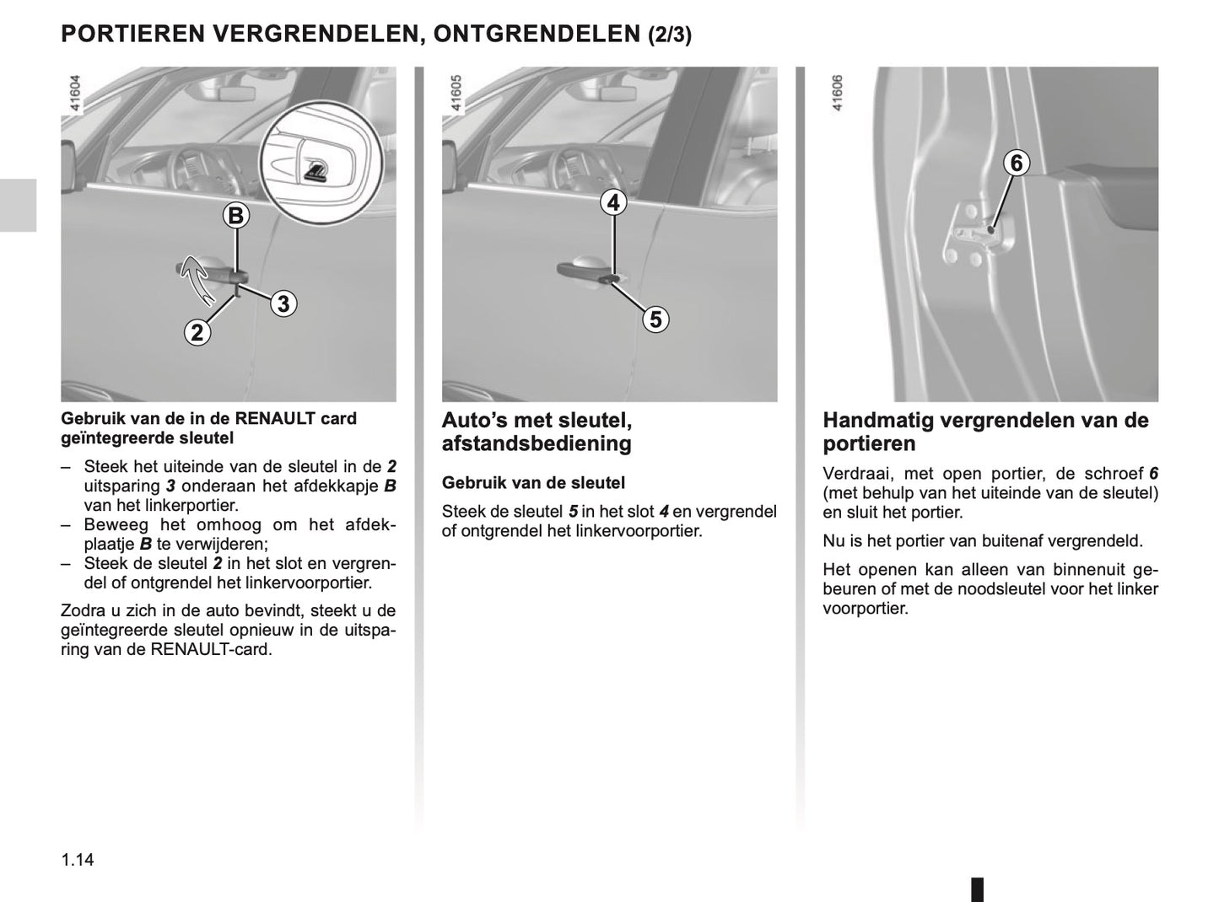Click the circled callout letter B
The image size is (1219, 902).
pos(236,216)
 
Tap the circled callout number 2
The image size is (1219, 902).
pos(197,333)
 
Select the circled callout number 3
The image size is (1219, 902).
pos(283,303)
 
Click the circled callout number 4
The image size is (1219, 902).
pos(613,202)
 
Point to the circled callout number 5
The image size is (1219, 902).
pos(655,319)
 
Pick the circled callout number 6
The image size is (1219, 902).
pos(1017,163)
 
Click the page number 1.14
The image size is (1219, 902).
pos(77,860)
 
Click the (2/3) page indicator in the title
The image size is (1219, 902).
pos(670,35)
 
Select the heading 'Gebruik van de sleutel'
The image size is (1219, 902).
pos(533,483)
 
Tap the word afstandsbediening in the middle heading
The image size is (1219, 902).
pos(537,443)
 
